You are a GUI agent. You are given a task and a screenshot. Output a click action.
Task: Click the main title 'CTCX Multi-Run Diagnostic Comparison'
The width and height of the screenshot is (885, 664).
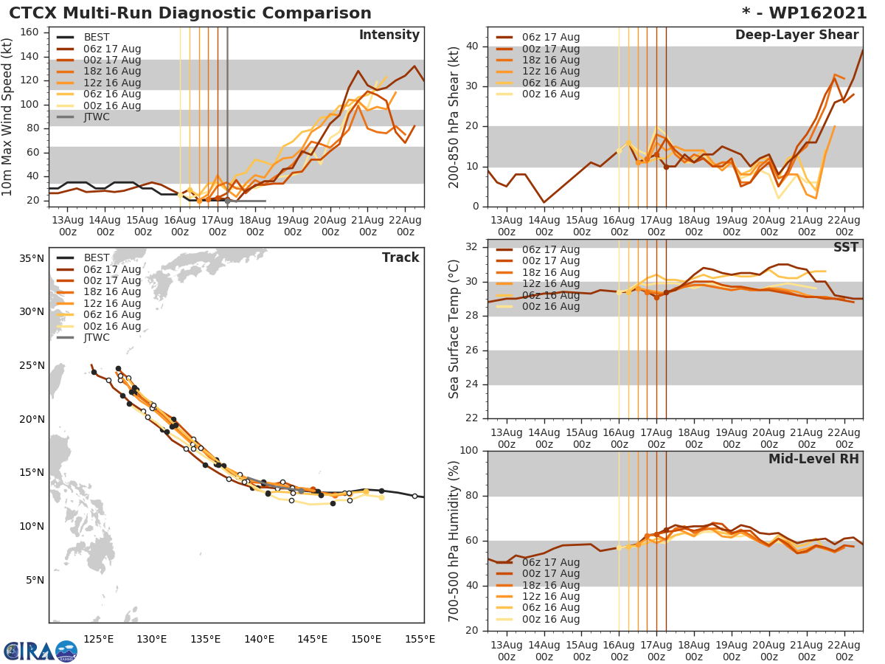pos(190,13)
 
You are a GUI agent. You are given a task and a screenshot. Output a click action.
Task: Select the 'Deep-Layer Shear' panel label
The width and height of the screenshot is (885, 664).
pos(796,35)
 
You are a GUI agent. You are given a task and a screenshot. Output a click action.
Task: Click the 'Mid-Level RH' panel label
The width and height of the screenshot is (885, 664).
pos(813,459)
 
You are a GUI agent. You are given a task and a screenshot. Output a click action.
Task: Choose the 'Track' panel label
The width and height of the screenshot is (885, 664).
pos(400,257)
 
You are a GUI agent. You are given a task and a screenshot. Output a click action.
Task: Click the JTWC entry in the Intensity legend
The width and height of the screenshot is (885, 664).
pos(97,117)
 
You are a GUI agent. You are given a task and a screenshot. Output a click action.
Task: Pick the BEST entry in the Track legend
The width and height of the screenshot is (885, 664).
pos(97,257)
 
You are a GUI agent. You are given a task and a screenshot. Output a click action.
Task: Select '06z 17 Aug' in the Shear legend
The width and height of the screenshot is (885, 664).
pos(550,38)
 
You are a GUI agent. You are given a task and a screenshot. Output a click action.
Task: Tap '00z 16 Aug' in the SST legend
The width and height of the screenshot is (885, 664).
pos(550,306)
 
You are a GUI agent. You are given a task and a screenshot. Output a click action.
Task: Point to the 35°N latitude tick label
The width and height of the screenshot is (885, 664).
pos(31,258)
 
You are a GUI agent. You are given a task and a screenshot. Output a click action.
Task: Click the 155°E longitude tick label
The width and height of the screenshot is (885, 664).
pos(420,639)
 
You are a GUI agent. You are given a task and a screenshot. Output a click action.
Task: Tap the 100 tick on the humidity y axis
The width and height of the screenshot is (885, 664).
pos(468,451)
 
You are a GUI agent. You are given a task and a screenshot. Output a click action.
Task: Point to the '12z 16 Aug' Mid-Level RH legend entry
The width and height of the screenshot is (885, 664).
pos(550,596)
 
